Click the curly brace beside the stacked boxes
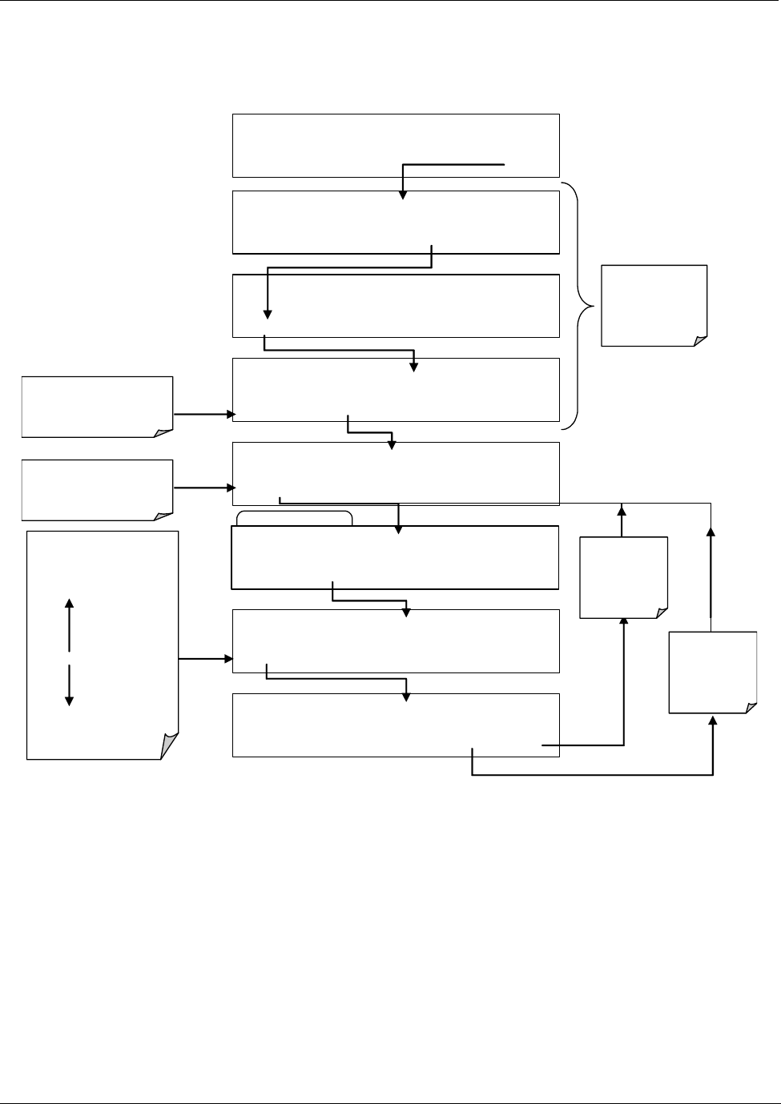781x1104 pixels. pos(583,306)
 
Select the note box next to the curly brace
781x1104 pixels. pos(654,305)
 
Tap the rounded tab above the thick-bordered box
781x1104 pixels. pos(295,517)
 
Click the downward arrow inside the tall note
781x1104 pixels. pos(69,686)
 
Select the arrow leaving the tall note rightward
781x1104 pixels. pos(205,659)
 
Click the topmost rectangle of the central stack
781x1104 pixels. pos(396,145)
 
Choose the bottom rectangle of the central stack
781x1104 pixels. pos(396,725)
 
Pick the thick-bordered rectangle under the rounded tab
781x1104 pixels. pos(395,557)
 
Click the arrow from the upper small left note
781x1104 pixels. pos(203,415)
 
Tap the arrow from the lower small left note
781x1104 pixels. pos(203,487)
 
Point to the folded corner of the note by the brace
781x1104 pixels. pos(701,340)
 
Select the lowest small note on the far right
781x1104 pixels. pos(713,672)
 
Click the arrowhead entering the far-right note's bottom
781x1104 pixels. pos(713,721)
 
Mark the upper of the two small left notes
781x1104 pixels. pos(97,407)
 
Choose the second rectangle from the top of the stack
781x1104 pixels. pos(396,222)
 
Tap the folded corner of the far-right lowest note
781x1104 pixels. pos(751,707)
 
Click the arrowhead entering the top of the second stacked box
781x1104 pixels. pos(403,195)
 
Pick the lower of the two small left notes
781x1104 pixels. pos(97,490)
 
